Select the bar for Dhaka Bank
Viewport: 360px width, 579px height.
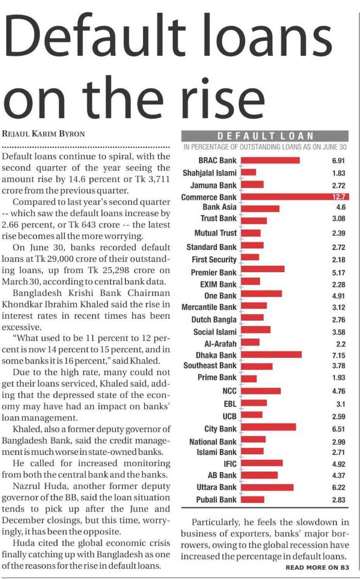coord(271,355)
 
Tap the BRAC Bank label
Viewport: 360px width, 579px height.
coord(217,160)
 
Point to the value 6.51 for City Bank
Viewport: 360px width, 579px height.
coord(338,429)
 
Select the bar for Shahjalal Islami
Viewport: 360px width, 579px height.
coord(249,172)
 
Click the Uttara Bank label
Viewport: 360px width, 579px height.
coord(216,487)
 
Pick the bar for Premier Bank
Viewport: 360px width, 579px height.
coord(263,269)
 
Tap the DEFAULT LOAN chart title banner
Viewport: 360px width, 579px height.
coord(265,136)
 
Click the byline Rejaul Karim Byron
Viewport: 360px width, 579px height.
coord(43,134)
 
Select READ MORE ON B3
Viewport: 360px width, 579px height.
coord(317,567)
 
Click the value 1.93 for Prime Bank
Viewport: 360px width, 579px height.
coord(338,377)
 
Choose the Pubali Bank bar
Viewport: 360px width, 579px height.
coord(253,499)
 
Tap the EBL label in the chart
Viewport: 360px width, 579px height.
coord(230,404)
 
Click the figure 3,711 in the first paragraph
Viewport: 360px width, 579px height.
coord(156,179)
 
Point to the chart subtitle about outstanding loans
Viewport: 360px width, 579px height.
coord(265,147)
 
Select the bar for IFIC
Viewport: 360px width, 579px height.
coord(262,463)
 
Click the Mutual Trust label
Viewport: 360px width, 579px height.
coord(215,233)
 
